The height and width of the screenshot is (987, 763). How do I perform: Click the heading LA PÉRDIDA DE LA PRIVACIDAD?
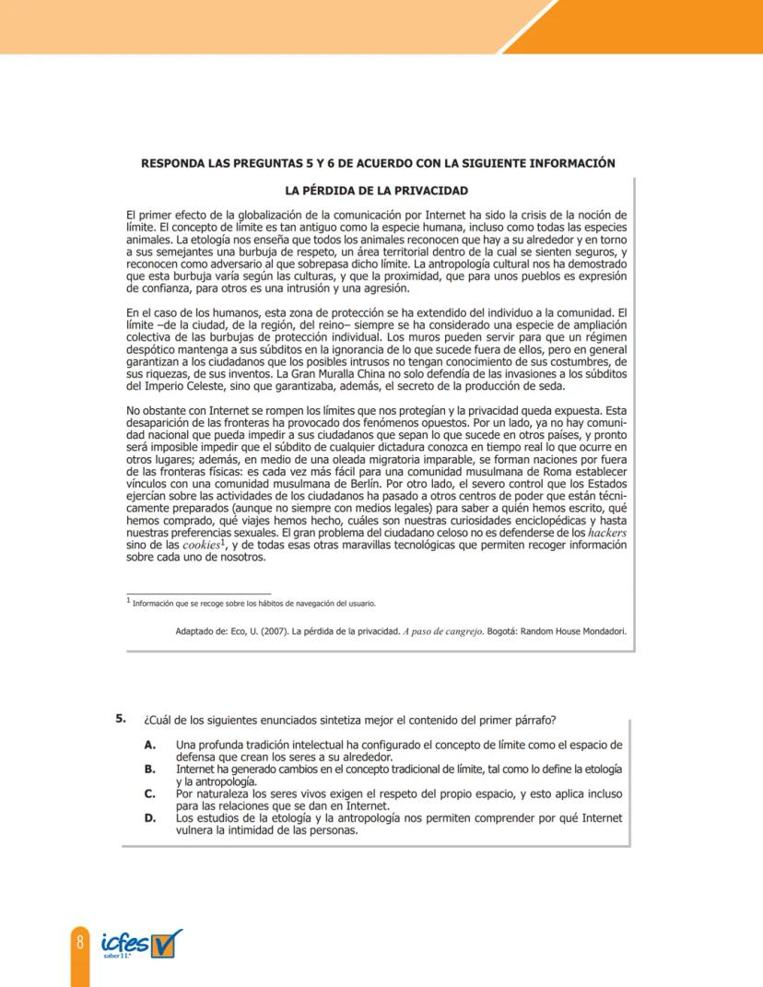coord(377,191)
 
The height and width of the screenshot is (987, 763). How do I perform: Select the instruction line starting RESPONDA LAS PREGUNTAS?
coord(377,163)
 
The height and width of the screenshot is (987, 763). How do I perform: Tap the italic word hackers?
coord(607,533)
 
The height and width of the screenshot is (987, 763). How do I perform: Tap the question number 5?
coord(120,717)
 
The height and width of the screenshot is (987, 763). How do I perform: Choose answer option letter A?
coord(149,744)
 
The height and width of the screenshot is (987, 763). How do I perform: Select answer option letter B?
coord(149,768)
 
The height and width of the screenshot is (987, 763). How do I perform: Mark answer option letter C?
coord(149,793)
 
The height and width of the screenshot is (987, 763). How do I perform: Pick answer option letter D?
coord(149,817)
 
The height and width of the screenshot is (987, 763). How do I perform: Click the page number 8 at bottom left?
coord(80,942)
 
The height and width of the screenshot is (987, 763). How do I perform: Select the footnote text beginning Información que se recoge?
coord(253,604)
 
